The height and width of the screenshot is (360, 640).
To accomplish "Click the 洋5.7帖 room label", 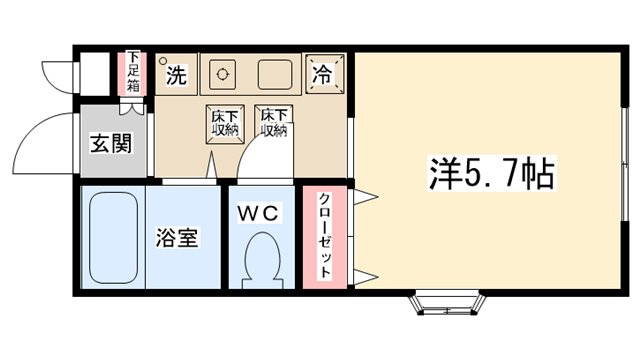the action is [492, 173].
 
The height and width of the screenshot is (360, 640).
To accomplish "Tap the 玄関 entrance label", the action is [111, 143].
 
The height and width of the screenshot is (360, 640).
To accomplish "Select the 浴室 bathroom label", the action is [177, 238].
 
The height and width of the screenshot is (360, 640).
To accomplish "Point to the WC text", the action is [258, 213].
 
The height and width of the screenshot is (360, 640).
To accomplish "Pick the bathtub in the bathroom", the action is [113, 238].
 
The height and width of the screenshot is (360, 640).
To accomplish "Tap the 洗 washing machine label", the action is [176, 75].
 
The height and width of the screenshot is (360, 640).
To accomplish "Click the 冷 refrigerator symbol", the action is [324, 74].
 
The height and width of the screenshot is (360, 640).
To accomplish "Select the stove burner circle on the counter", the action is [222, 75].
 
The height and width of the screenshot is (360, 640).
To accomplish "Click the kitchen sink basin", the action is [275, 75].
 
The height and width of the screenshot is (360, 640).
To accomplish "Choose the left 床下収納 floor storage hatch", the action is [225, 124].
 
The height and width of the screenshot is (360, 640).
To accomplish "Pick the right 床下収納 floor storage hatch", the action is [273, 122].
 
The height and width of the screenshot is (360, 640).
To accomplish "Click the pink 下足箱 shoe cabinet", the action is [132, 74].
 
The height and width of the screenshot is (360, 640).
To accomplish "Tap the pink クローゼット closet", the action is [324, 237].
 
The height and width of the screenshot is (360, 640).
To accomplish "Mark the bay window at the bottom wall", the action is [448, 302].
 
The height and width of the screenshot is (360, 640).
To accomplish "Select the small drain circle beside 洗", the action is [163, 61].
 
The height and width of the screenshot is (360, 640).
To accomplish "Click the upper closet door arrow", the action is [364, 197].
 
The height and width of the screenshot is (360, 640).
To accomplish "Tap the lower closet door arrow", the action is [364, 277].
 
